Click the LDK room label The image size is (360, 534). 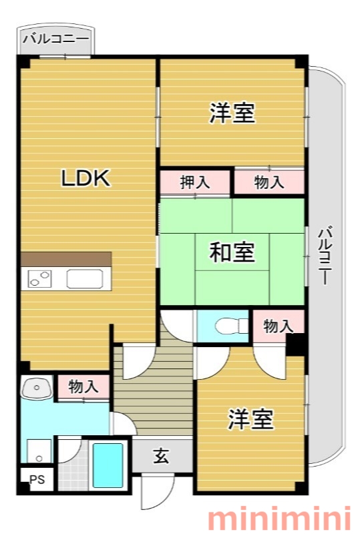coord(85,178)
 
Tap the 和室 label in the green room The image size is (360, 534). coord(232,252)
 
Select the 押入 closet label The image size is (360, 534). coord(194,182)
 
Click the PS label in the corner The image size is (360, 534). coord(37,479)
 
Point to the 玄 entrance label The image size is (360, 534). coord(161,456)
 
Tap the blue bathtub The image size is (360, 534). coord(108,465)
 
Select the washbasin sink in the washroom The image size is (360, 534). coord(37,388)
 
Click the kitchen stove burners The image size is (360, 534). coord(39,278)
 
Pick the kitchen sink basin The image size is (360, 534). coord(85,279)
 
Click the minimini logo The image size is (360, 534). coord(279,519)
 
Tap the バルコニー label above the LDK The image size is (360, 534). coord(56,39)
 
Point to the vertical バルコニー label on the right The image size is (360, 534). coord(325,255)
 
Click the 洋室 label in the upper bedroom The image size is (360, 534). coord(232,113)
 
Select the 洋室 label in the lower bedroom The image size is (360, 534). coord(251,419)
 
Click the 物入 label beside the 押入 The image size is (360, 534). coord(269,182)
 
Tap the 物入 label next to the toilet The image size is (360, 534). coord(278,326)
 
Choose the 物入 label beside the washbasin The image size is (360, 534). coord(83,387)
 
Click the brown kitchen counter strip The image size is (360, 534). coord(66,259)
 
